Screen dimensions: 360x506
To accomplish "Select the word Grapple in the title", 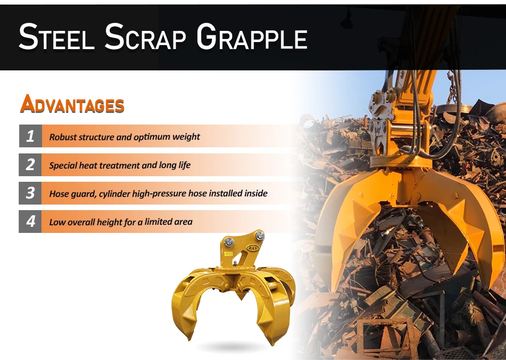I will coord(251,37).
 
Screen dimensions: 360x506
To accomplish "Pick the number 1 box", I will coord(30,136).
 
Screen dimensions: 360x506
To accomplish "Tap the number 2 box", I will coord(30,165).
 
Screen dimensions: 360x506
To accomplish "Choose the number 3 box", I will coord(30,193).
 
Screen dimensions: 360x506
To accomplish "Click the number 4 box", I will coord(30,221).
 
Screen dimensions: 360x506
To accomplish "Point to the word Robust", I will coord(63,137).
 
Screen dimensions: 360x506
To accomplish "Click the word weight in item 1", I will coord(187,137).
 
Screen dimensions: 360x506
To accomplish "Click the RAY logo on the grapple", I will coord(252,248).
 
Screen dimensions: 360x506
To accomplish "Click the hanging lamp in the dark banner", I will coord(347,21).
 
